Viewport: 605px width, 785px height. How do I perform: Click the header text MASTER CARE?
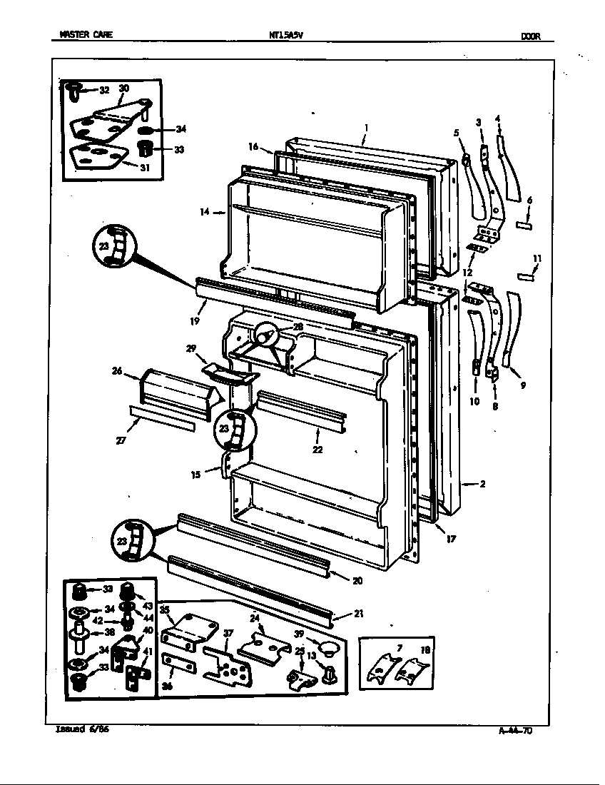click(x=85, y=36)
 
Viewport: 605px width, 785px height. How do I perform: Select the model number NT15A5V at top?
click(x=285, y=36)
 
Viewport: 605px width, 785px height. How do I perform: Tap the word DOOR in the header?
click(x=529, y=36)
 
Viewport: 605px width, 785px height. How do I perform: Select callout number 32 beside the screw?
click(x=104, y=90)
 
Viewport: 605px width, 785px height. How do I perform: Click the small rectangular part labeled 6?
click(x=524, y=226)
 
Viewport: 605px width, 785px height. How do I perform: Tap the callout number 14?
click(x=206, y=212)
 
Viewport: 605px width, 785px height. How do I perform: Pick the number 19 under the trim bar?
click(x=194, y=322)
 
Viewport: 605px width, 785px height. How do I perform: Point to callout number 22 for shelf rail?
click(x=317, y=450)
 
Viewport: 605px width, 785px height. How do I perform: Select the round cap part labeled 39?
click(x=328, y=648)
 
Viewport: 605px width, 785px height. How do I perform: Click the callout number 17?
click(x=450, y=540)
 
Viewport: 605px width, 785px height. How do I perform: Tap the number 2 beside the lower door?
click(x=482, y=484)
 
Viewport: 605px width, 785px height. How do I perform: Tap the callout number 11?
click(x=537, y=258)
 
